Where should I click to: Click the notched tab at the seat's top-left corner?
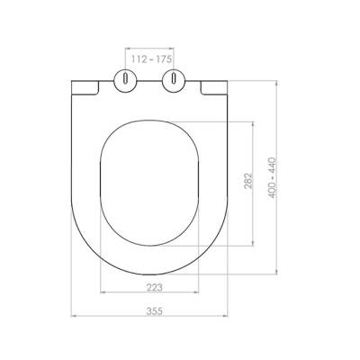[82, 85]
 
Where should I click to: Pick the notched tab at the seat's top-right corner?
[215, 85]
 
